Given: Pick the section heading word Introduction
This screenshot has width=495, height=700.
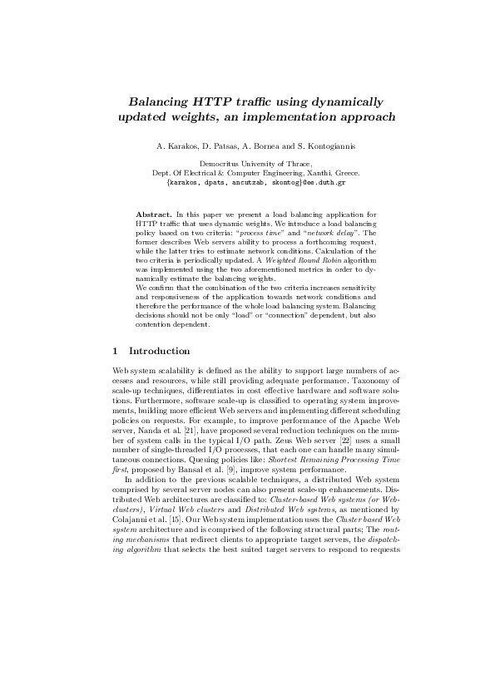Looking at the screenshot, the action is (x=160, y=351).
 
